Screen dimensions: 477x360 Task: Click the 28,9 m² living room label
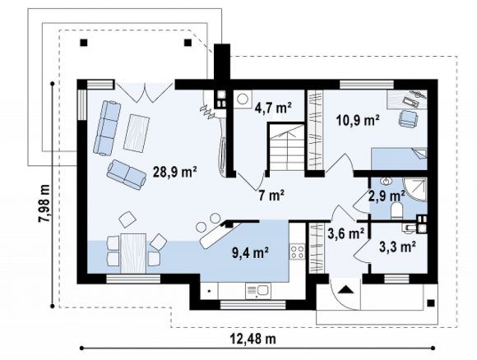(174, 172)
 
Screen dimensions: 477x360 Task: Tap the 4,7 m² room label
(273, 108)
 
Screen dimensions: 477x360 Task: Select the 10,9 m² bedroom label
(358, 120)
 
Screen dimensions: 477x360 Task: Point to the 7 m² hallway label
(271, 195)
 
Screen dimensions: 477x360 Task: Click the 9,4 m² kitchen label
(250, 252)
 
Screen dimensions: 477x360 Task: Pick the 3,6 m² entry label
(346, 233)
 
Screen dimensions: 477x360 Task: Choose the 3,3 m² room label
(397, 247)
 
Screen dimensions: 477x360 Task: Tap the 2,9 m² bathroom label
(387, 196)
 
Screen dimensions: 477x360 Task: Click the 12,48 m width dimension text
(254, 338)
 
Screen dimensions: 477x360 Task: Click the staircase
(286, 147)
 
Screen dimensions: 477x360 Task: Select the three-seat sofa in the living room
(107, 128)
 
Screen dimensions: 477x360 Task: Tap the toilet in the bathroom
(397, 210)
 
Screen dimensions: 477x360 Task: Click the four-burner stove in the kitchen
(297, 252)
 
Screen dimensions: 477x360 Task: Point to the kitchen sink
(258, 291)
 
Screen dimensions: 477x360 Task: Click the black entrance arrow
(345, 289)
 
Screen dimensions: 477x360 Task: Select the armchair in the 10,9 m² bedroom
(408, 118)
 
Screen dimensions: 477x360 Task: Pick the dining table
(133, 253)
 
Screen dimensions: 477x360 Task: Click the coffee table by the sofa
(137, 133)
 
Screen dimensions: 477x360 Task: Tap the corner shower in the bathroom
(415, 189)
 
